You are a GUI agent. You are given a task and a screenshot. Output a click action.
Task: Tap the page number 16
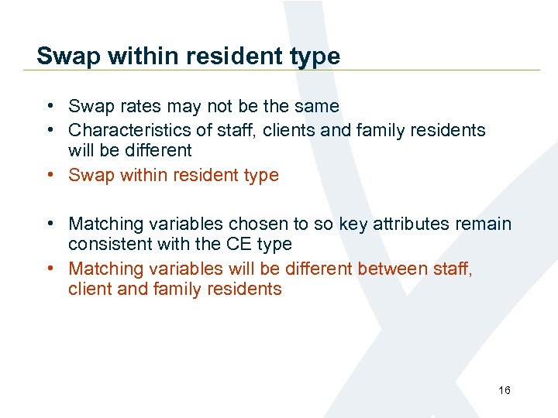pos(505,390)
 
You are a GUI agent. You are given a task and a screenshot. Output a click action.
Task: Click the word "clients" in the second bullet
pos(289,130)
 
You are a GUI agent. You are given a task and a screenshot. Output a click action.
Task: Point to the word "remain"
pos(483,224)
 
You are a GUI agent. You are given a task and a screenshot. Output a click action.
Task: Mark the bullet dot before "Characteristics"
pos(49,130)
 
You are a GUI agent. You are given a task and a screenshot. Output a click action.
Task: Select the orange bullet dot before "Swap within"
pos(49,175)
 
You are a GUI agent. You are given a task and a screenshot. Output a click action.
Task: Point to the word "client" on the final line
pos(89,290)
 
